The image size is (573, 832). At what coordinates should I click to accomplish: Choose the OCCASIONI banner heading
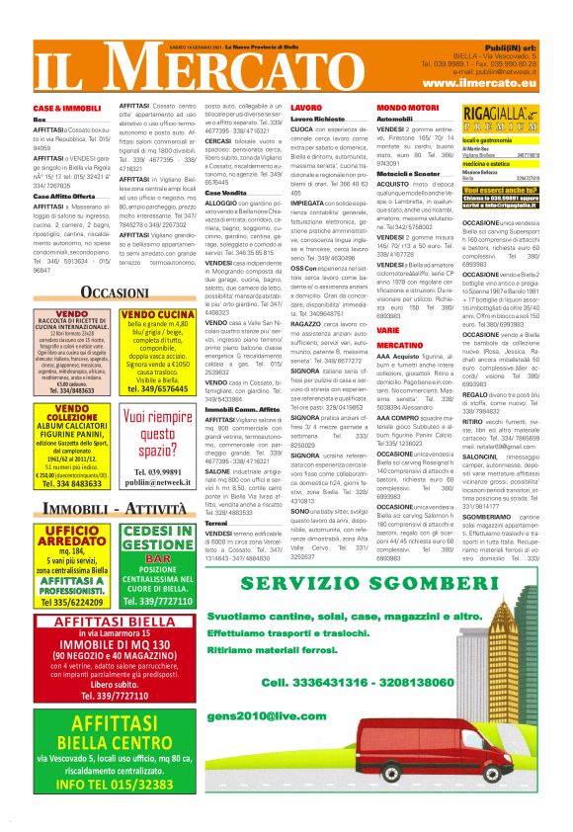[115, 292]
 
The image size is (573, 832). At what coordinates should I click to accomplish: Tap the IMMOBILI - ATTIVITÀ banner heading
[116, 508]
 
